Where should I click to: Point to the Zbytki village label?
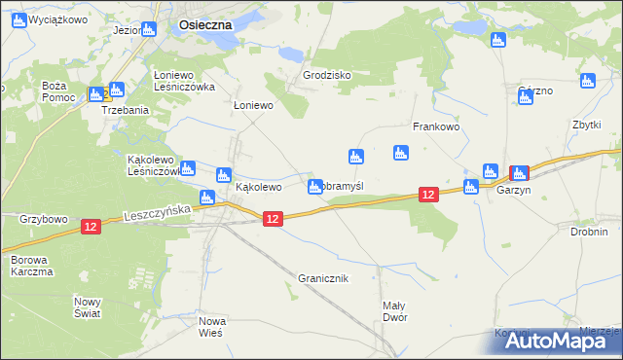(587, 126)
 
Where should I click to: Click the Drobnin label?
(589, 232)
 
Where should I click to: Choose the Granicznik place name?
(323, 278)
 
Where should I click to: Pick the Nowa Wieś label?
(211, 327)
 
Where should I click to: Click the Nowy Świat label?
(88, 307)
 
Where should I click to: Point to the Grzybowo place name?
(44, 220)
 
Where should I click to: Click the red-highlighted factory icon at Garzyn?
(520, 173)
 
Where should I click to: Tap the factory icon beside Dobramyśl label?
(315, 186)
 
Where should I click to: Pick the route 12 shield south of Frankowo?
(429, 196)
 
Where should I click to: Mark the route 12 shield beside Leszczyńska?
(91, 227)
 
